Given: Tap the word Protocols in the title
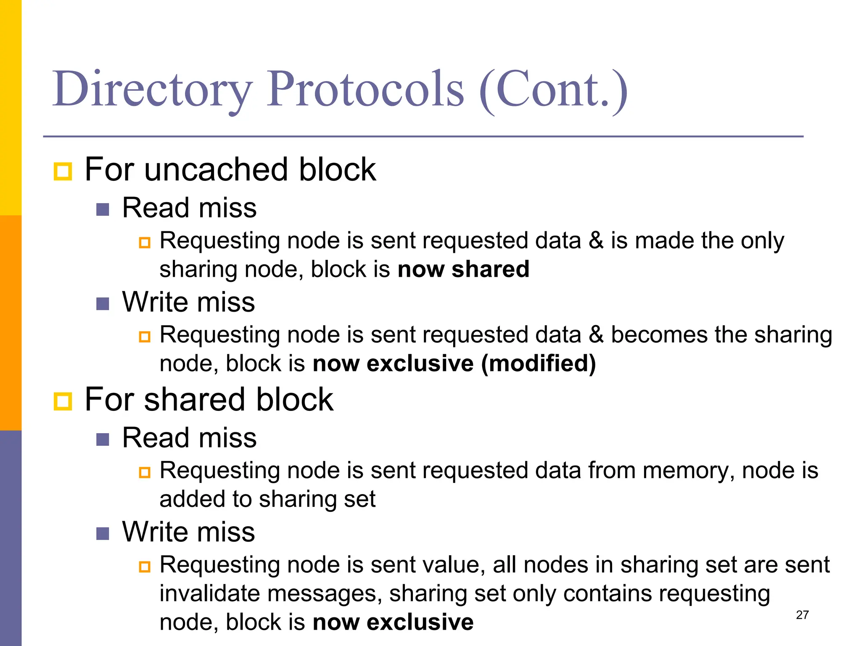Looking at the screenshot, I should click(366, 89).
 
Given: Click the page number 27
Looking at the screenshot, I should click(802, 615).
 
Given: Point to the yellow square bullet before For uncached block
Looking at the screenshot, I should click(63, 171).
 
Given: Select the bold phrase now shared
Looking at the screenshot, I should click(463, 269).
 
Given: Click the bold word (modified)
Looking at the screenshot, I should click(539, 363).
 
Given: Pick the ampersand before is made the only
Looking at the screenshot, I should click(596, 241).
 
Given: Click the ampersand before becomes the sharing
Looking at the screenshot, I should click(596, 335).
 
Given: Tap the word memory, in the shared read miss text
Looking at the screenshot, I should click(689, 470).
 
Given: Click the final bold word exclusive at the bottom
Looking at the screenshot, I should click(420, 622).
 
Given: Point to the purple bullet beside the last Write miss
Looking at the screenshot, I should click(103, 534).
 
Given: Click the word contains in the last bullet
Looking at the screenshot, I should click(607, 593).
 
